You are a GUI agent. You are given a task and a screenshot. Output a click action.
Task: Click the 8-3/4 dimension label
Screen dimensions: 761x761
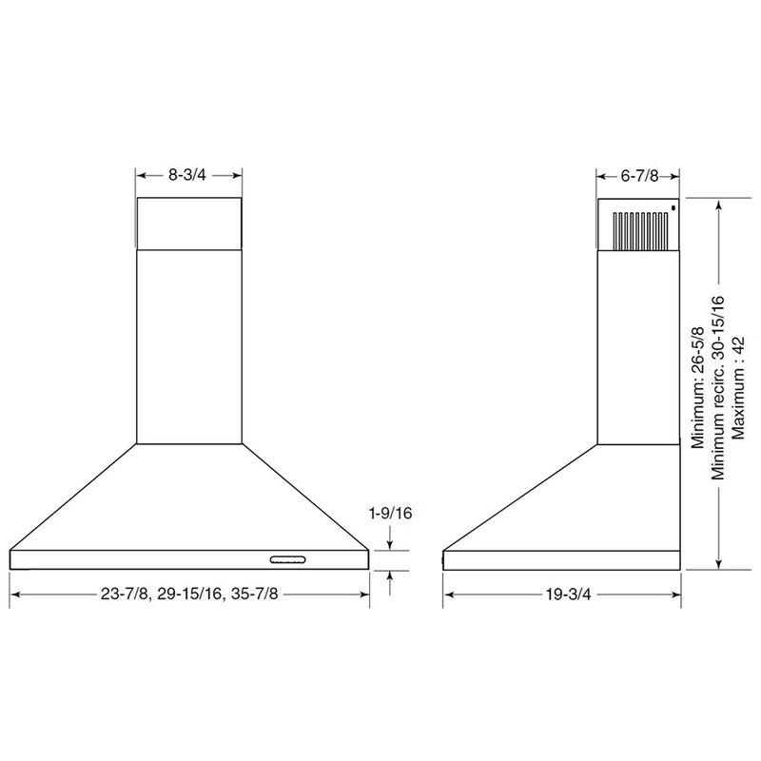coord(187,175)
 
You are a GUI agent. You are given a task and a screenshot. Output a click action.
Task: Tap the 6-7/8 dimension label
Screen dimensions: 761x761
coord(639,176)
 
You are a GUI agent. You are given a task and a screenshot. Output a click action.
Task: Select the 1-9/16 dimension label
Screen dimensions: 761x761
coord(391,513)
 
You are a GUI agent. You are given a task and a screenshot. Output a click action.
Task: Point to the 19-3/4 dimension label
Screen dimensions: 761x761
coord(568,594)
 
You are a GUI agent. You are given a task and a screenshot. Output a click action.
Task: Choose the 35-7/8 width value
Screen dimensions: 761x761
coord(255,594)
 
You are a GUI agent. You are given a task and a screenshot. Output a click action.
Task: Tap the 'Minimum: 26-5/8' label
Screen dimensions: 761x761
coord(697,387)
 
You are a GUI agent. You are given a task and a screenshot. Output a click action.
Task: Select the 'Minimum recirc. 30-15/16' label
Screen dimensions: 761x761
coord(717,388)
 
